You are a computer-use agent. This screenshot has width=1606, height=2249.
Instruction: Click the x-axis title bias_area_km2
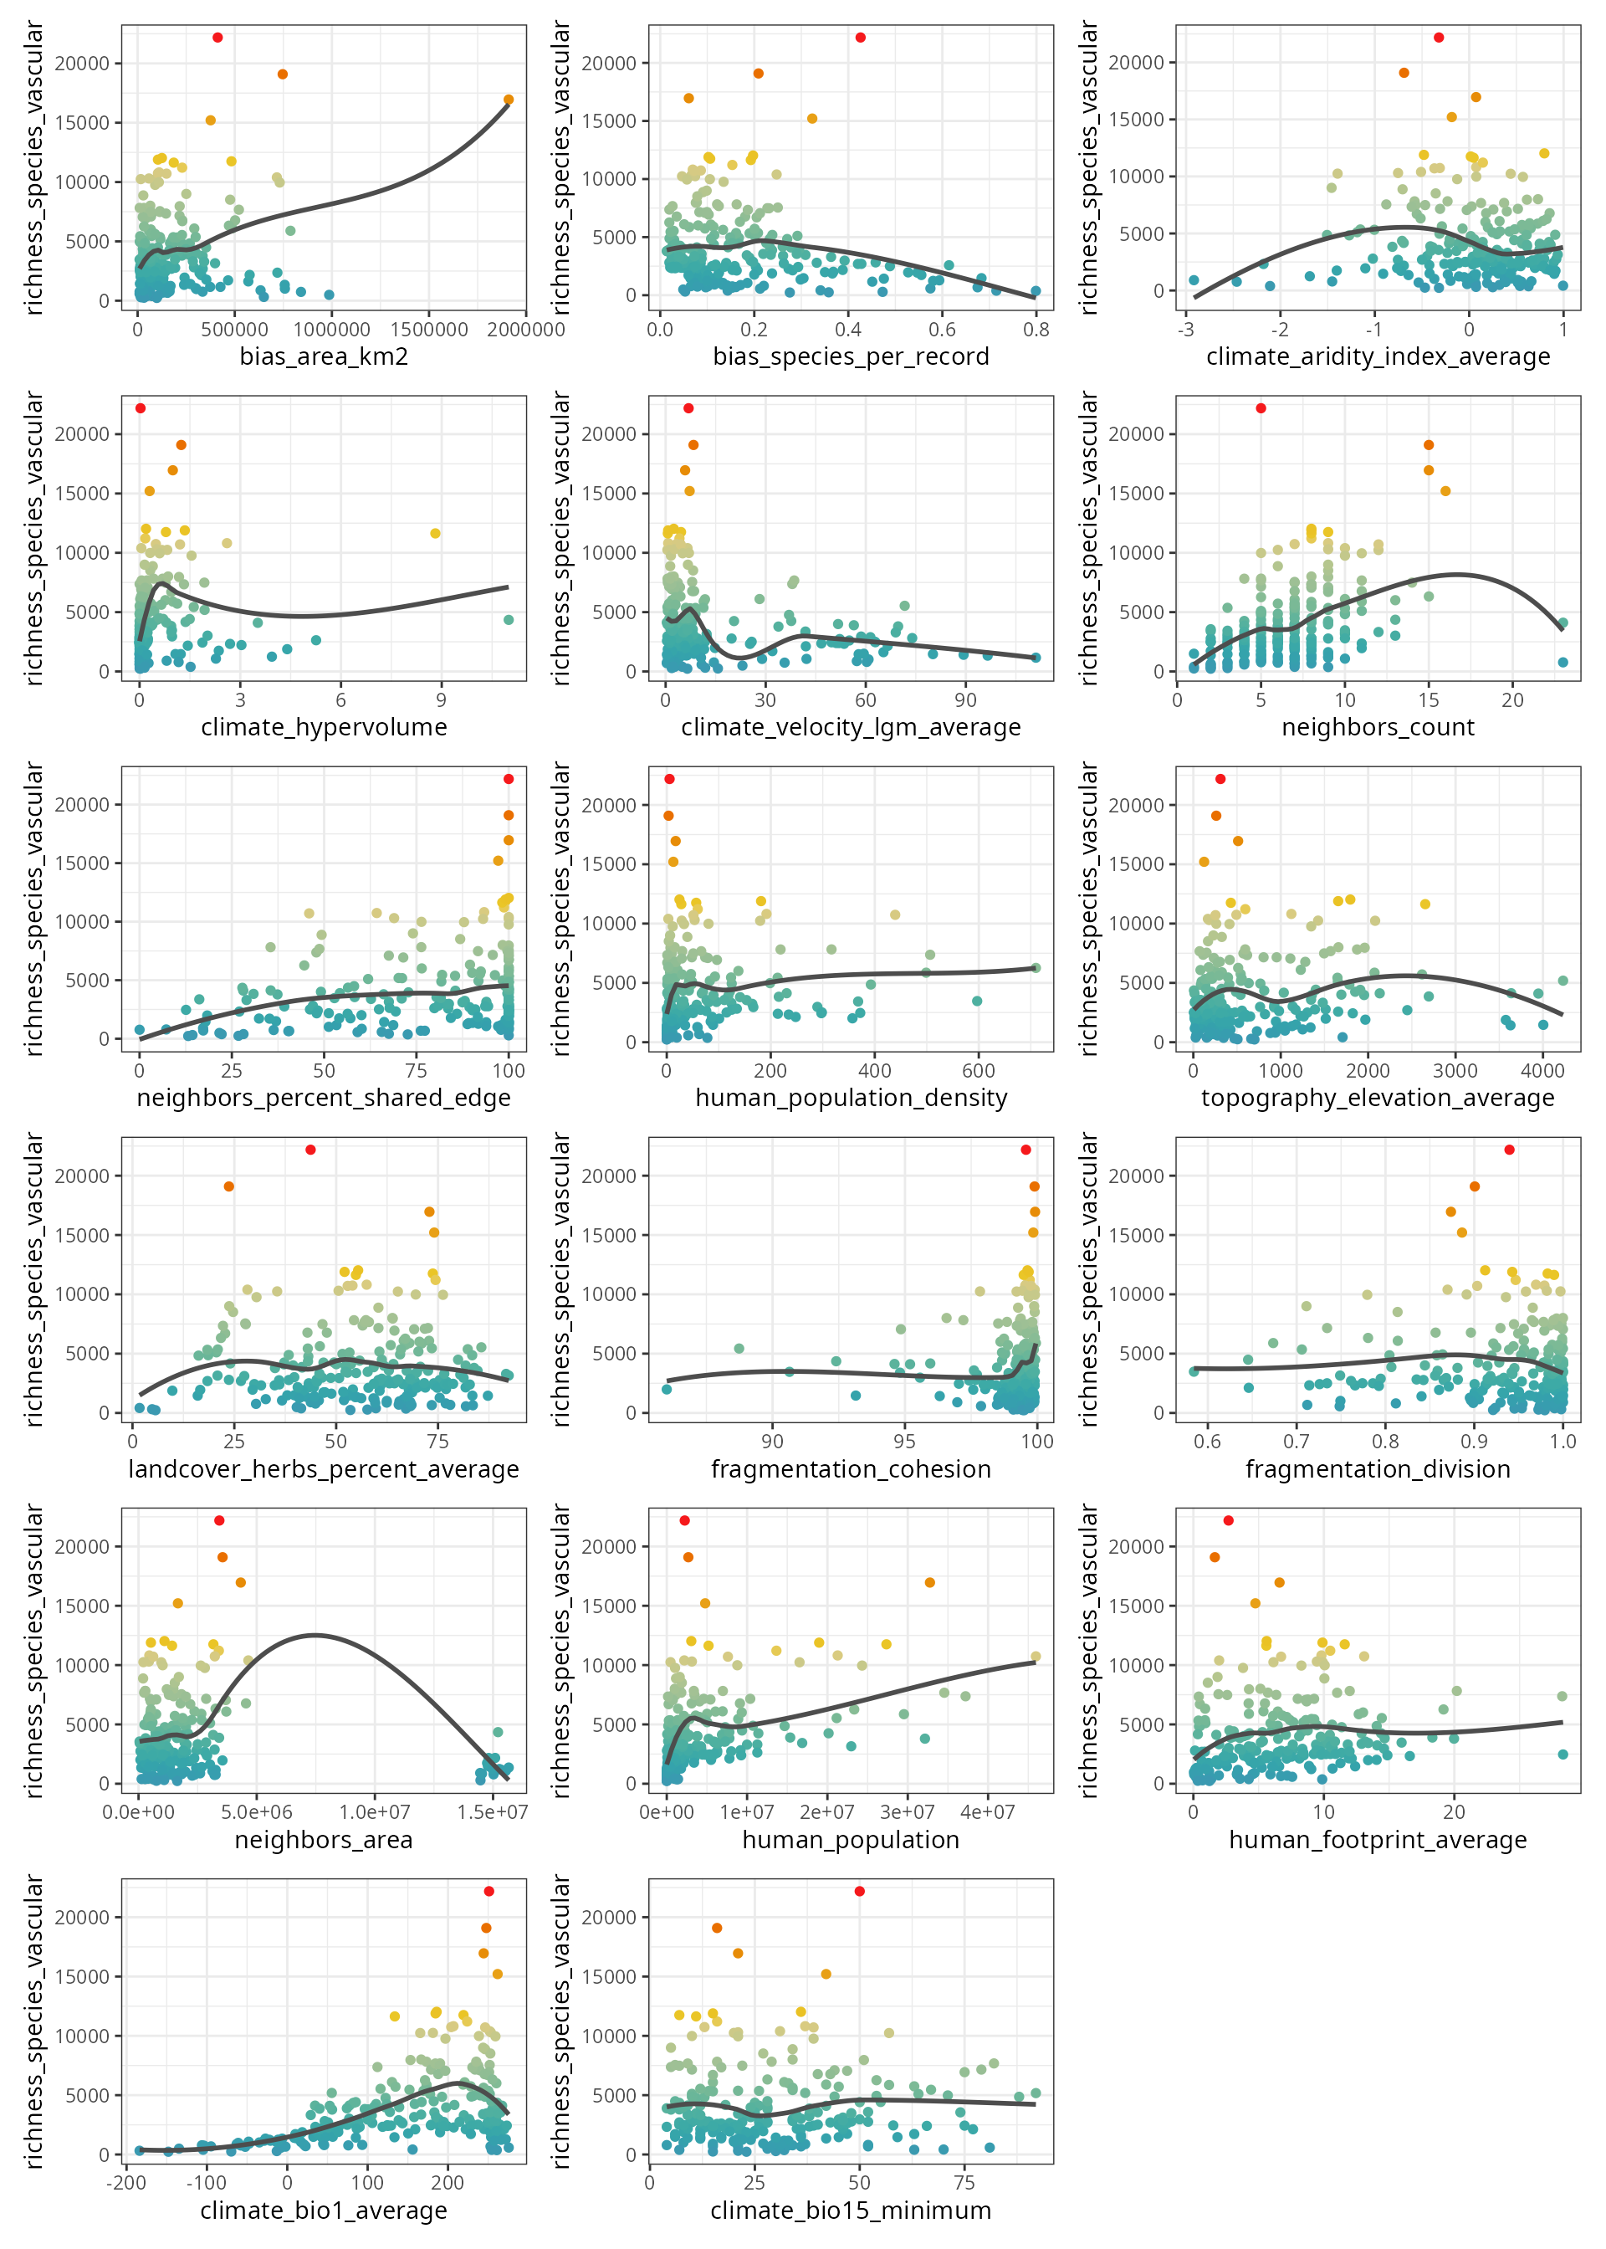click(x=324, y=357)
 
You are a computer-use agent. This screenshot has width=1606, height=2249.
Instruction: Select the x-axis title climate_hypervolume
click(x=324, y=728)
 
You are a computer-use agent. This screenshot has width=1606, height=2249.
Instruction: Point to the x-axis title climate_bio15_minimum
click(x=851, y=2211)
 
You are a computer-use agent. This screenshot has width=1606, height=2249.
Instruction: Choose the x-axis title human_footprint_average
click(x=1378, y=1840)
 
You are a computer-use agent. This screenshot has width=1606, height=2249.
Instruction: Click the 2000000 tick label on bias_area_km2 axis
click(x=526, y=330)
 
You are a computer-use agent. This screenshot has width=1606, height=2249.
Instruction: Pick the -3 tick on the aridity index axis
click(x=1186, y=330)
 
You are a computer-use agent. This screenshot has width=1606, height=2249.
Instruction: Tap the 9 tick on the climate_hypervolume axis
click(x=441, y=700)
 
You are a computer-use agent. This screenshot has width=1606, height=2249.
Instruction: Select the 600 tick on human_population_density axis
click(x=978, y=1071)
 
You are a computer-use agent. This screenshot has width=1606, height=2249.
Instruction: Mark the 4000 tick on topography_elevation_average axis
click(x=1542, y=1071)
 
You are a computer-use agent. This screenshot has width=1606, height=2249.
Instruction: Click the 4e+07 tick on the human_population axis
click(x=987, y=1812)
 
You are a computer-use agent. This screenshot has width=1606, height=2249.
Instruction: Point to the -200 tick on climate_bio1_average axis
click(x=125, y=2183)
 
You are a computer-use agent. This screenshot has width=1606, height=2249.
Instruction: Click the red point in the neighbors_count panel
click(x=1261, y=408)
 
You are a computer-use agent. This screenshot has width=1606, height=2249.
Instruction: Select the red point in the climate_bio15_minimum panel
click(x=859, y=1891)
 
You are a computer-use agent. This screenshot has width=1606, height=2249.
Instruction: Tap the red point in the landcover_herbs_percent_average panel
click(x=310, y=1150)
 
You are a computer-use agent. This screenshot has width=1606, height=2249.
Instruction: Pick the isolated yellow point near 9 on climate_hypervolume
click(x=435, y=534)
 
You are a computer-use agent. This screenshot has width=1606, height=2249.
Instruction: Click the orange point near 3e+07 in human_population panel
click(x=929, y=1582)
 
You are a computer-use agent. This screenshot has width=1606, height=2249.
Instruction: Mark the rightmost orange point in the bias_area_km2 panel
click(x=509, y=100)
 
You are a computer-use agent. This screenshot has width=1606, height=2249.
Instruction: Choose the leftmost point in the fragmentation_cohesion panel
click(x=667, y=1389)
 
